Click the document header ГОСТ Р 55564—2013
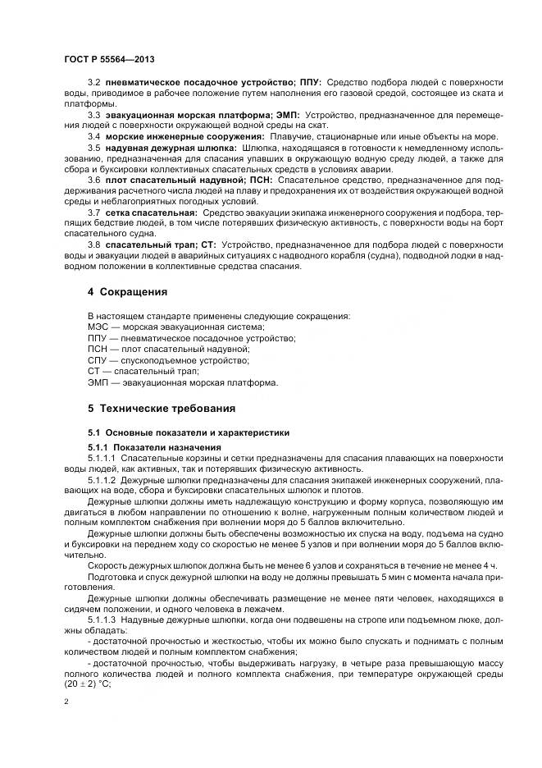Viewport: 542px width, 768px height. pos(110,60)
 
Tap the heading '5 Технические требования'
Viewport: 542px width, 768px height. pos(162,408)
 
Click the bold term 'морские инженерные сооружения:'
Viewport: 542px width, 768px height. pos(184,135)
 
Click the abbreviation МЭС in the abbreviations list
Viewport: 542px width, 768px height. pos(98,327)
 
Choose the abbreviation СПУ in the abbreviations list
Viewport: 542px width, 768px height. pos(98,360)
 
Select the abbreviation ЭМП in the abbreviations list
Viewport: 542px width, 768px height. pos(98,382)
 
